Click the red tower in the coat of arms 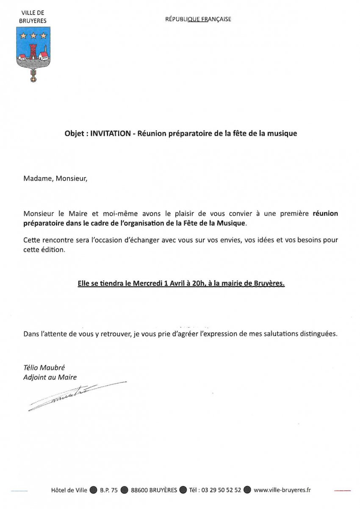(x=33, y=52)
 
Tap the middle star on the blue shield (x=33, y=36)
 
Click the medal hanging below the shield (x=33, y=76)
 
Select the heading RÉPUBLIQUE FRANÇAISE (x=198, y=19)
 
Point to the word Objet (x=75, y=133)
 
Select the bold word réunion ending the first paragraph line (x=325, y=214)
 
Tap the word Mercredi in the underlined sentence (x=149, y=284)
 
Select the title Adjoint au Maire (x=50, y=377)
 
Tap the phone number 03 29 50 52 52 (x=221, y=490)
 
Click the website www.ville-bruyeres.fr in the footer (x=282, y=490)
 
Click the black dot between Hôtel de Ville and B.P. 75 (x=93, y=490)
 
